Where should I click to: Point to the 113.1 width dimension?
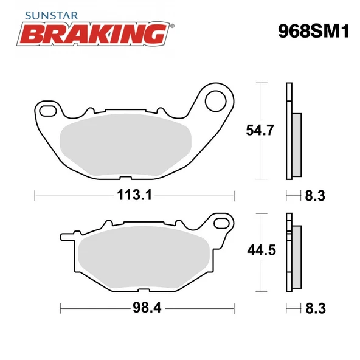[134, 196]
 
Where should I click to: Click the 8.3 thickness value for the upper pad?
[315, 196]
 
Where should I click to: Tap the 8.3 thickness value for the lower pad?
[315, 308]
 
